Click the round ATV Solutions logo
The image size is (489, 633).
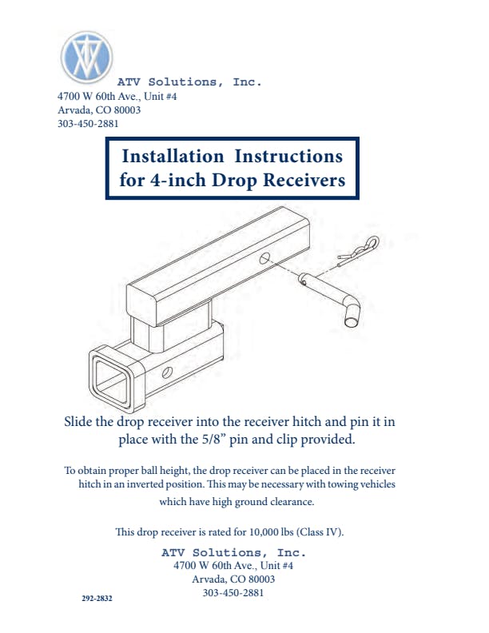[86, 57]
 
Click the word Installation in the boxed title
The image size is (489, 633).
[173, 156]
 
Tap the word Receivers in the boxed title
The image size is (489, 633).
[304, 180]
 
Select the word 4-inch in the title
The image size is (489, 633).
[179, 180]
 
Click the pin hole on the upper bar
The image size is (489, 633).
[264, 258]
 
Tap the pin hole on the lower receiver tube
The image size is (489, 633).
[167, 372]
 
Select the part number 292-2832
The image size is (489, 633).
[97, 599]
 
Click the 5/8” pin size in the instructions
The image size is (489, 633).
[213, 440]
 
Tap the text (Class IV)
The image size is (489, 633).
[320, 531]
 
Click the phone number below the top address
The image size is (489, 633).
[88, 124]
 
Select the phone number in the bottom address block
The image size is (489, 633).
[233, 592]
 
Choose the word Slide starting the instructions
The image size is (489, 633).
[78, 421]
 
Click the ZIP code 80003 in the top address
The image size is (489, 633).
[127, 109]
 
